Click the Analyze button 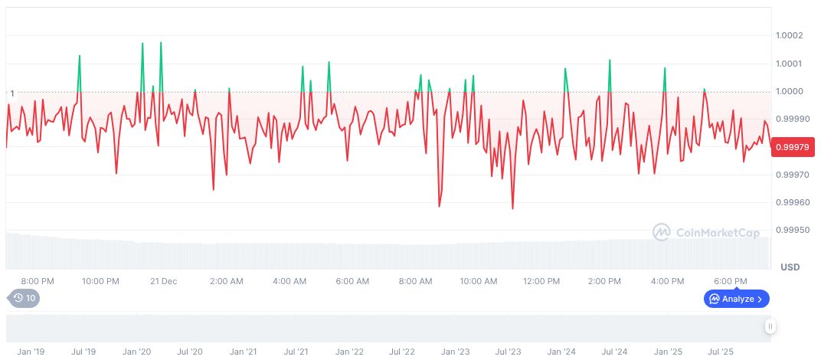pyautogui.click(x=736, y=299)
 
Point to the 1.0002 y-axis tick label pyautogui.click(x=788, y=36)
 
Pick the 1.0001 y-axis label pyautogui.click(x=788, y=64)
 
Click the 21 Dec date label pyautogui.click(x=164, y=281)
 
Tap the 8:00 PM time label pyautogui.click(x=38, y=281)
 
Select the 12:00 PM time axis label pyautogui.click(x=541, y=281)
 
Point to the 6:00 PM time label pyautogui.click(x=731, y=281)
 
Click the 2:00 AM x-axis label pyautogui.click(x=227, y=281)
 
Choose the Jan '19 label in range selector pyautogui.click(x=31, y=352)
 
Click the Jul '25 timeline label pyautogui.click(x=720, y=352)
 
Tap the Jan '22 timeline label pyautogui.click(x=348, y=352)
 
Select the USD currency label pyautogui.click(x=790, y=267)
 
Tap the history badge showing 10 pyautogui.click(x=23, y=299)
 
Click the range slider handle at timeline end pyautogui.click(x=770, y=326)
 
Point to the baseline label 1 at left pyautogui.click(x=11, y=93)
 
